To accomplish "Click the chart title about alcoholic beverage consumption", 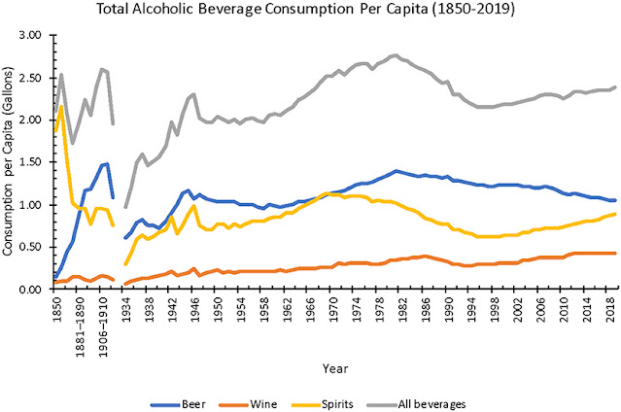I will (x=311, y=11).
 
